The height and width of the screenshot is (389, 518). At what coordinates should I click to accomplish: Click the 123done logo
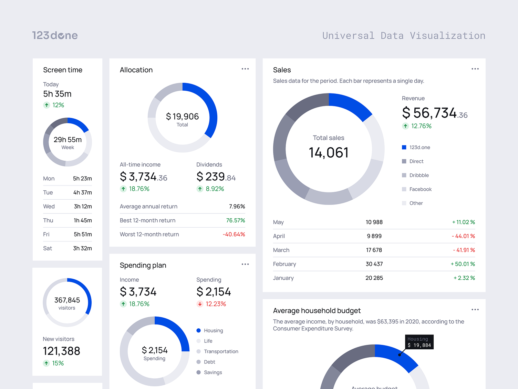(55, 36)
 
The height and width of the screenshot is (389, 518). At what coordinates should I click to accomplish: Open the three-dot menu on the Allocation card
(245, 69)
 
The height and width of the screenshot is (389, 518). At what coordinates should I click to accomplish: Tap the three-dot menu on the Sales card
(475, 69)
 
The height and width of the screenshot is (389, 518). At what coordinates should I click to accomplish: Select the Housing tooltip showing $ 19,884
(419, 342)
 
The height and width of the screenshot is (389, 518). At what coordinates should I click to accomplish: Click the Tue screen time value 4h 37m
(82, 192)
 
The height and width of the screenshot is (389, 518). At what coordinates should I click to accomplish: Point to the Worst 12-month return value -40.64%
(234, 235)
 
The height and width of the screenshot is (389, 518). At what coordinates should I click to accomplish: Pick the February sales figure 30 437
(374, 264)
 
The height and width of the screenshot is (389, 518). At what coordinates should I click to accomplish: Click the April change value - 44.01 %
(463, 236)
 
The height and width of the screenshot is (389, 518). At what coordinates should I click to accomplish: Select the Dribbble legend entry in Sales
(419, 175)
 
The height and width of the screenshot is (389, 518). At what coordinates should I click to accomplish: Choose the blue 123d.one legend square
(404, 147)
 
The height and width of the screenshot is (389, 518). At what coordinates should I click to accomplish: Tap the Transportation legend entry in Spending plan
(221, 351)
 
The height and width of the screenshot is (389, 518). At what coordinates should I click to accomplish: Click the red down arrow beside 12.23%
(200, 304)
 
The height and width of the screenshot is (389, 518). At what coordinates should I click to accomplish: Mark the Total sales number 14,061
(329, 153)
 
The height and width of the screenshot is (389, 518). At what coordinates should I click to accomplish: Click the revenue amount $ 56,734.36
(435, 113)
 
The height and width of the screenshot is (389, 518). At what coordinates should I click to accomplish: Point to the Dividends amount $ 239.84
(216, 177)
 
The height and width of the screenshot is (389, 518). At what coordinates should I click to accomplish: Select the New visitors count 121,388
(61, 351)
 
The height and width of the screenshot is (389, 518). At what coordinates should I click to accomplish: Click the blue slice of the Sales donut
(351, 105)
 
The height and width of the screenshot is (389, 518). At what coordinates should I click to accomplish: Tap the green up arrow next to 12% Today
(46, 105)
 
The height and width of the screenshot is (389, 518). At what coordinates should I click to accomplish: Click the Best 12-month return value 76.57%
(236, 220)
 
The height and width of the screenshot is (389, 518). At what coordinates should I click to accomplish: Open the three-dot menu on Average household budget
(475, 310)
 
